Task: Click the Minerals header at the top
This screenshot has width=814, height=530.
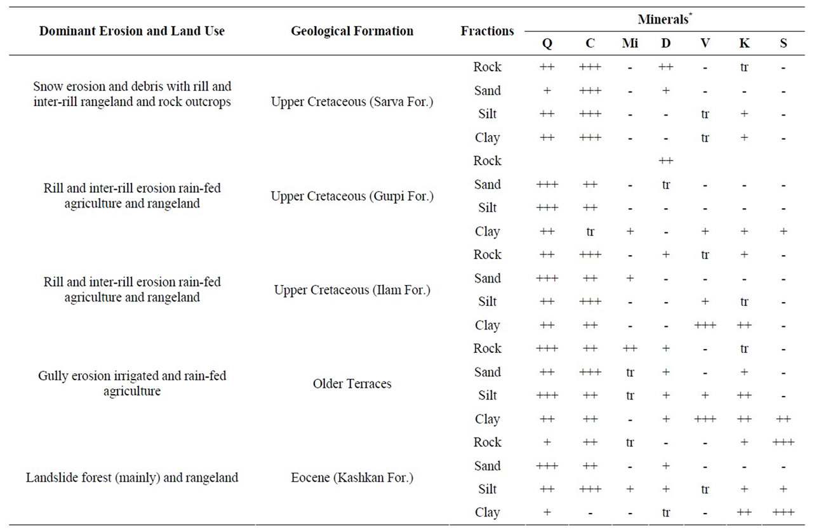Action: pyautogui.click(x=665, y=19)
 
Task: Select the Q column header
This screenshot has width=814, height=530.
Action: pyautogui.click(x=547, y=44)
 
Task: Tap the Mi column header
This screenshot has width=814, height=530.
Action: pyautogui.click(x=630, y=43)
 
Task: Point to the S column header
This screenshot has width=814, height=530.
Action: pyautogui.click(x=783, y=43)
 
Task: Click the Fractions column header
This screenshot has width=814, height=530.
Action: pyautogui.click(x=487, y=31)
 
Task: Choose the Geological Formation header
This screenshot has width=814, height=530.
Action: pyautogui.click(x=352, y=31)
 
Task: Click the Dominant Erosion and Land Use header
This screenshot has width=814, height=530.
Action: pyautogui.click(x=132, y=31)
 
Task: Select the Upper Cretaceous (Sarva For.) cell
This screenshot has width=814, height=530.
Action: pyautogui.click(x=352, y=102)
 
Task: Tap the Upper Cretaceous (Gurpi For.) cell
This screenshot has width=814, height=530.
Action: pyautogui.click(x=352, y=196)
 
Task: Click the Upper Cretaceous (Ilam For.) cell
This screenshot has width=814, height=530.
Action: pyautogui.click(x=352, y=290)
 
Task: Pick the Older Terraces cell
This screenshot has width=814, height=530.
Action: pyautogui.click(x=352, y=383)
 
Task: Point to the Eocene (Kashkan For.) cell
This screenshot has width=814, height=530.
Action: pyautogui.click(x=352, y=477)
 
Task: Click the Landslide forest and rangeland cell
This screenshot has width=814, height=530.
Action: pyautogui.click(x=132, y=477)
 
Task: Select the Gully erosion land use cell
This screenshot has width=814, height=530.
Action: pyautogui.click(x=132, y=383)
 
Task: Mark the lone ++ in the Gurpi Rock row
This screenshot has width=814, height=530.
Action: pyautogui.click(x=665, y=161)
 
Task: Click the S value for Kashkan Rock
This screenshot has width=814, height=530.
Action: pyautogui.click(x=783, y=442)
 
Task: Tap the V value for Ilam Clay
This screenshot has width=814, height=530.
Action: pyautogui.click(x=705, y=325)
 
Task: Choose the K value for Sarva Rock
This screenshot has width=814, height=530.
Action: pyautogui.click(x=744, y=67)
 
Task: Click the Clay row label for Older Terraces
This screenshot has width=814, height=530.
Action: pyautogui.click(x=487, y=419)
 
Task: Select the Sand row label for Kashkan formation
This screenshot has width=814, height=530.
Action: pyautogui.click(x=487, y=466)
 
